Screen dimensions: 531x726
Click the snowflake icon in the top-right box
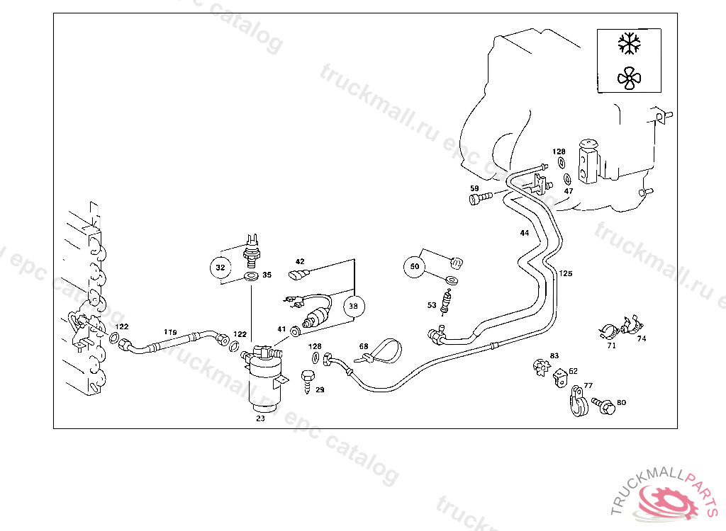click(x=628, y=43)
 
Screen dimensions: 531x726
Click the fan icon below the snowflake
click(x=628, y=78)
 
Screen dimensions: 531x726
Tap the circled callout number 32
click(x=220, y=268)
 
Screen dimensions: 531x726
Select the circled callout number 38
click(x=353, y=306)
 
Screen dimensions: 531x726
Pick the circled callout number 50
click(x=415, y=267)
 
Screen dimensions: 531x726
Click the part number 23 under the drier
click(x=260, y=418)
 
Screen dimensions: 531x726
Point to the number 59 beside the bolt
click(x=474, y=188)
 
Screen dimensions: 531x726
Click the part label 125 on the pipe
click(x=565, y=273)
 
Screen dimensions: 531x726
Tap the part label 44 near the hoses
click(x=524, y=233)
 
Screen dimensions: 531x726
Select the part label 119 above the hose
click(x=170, y=331)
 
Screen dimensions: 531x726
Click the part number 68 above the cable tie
click(x=364, y=347)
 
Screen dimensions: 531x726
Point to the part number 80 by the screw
click(x=621, y=403)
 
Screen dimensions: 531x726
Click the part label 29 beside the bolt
click(x=320, y=390)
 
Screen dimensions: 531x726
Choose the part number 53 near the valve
click(x=432, y=305)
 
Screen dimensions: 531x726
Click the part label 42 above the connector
click(x=300, y=262)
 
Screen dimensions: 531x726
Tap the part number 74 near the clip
click(x=642, y=338)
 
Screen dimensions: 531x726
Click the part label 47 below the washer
click(x=569, y=191)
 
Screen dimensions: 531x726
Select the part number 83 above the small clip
click(x=554, y=355)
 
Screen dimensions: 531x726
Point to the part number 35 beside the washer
click(x=267, y=275)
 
